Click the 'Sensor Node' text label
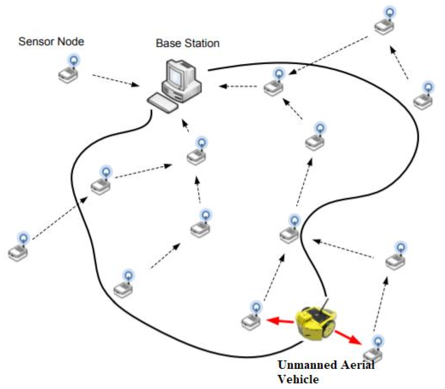51,42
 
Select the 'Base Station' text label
187,43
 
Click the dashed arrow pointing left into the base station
239,86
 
